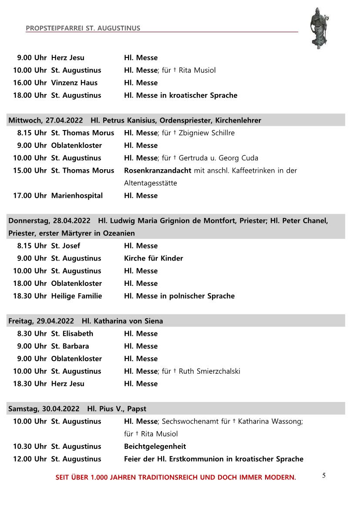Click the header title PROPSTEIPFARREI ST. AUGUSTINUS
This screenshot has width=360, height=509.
tap(83, 28)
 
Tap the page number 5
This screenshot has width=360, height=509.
tap(324, 475)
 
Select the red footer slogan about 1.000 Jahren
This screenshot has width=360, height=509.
tap(175, 477)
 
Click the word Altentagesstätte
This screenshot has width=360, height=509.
tap(151, 183)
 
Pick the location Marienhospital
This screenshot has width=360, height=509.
tap(77, 195)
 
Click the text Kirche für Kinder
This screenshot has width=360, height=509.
tap(153, 258)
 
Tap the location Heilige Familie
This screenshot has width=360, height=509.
tap(77, 296)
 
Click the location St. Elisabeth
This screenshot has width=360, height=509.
tap(72, 333)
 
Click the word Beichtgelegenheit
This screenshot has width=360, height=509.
tap(155, 446)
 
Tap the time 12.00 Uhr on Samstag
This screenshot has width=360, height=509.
tap(30, 459)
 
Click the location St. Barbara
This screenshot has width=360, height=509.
tap(70, 346)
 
